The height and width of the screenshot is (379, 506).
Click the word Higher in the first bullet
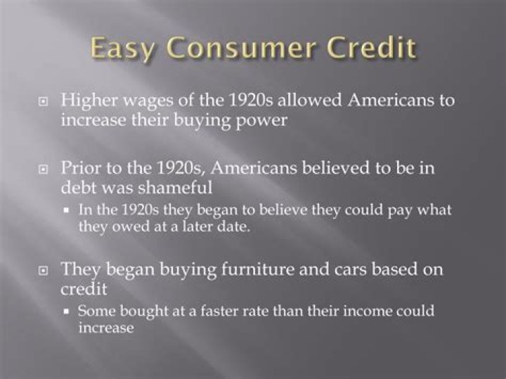(x=85, y=99)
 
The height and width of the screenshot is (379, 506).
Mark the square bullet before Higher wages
(x=44, y=101)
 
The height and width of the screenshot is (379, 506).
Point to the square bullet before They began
(x=44, y=270)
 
